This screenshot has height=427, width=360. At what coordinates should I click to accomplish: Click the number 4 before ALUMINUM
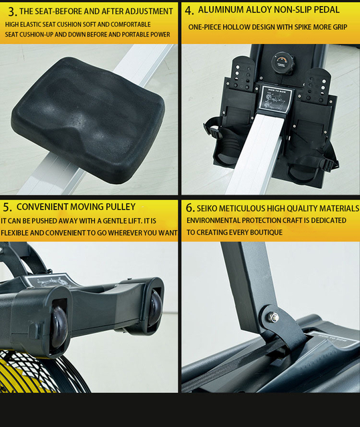[190, 11]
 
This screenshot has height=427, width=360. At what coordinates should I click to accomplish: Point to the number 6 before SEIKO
[190, 208]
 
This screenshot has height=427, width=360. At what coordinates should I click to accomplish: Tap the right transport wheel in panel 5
[155, 305]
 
